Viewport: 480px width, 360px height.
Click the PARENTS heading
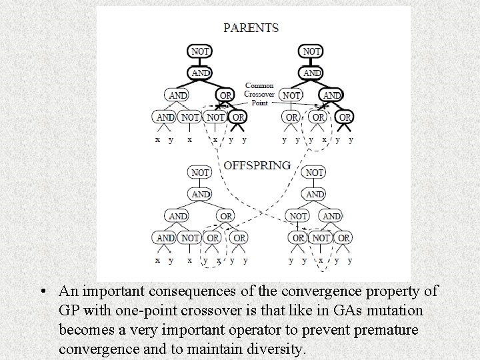point(251,28)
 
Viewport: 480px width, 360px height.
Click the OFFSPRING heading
point(257,165)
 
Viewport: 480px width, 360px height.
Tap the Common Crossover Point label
point(259,93)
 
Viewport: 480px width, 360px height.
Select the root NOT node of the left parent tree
point(200,51)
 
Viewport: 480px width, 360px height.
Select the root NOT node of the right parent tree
point(312,51)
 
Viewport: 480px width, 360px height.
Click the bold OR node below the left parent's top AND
point(226,95)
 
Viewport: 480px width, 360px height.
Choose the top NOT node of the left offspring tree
point(200,172)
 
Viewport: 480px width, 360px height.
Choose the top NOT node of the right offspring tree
point(314,172)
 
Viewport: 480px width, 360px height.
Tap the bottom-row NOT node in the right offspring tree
point(321,237)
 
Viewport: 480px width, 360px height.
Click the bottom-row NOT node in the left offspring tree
point(190,237)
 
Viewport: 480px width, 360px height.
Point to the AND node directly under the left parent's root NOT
point(200,72)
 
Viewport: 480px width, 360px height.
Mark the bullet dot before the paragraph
point(42,291)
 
